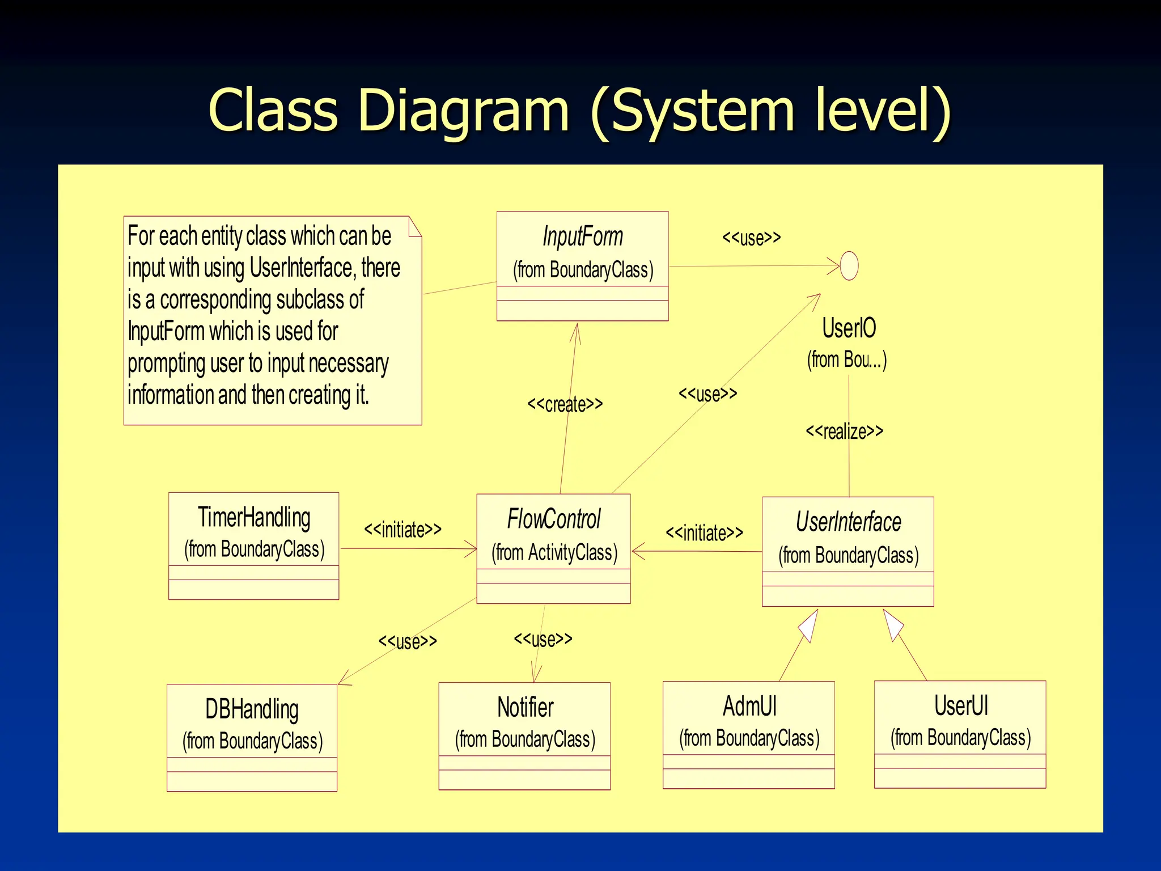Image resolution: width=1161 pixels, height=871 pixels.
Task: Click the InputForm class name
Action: [x=583, y=236]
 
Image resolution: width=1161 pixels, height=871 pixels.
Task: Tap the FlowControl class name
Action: [x=553, y=519]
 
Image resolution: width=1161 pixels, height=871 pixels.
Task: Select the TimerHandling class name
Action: [x=254, y=517]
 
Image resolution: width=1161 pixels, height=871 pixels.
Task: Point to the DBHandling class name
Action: [x=252, y=709]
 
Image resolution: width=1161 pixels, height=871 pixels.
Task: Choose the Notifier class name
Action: [x=525, y=707]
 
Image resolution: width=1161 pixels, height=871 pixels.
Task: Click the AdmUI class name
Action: [x=749, y=706]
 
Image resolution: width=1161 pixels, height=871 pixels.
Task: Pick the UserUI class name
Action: [x=961, y=705]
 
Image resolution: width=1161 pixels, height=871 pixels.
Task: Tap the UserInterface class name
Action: [x=848, y=522]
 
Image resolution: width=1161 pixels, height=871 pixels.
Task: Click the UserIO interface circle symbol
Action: [x=849, y=265]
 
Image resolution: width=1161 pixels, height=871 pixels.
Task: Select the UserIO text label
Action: [x=849, y=328]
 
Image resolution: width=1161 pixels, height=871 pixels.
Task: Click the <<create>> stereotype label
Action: [x=565, y=404]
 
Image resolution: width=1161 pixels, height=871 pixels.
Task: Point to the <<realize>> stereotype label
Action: [x=844, y=432]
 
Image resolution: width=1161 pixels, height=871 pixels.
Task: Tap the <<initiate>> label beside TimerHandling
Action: [x=402, y=530]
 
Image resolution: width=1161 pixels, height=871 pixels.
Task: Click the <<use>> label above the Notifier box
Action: [x=543, y=639]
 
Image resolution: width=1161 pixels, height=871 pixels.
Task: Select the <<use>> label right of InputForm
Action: [x=751, y=238]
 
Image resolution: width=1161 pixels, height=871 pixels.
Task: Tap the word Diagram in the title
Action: [x=463, y=110]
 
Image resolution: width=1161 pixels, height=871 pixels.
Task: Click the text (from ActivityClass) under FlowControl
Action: [x=554, y=552]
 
